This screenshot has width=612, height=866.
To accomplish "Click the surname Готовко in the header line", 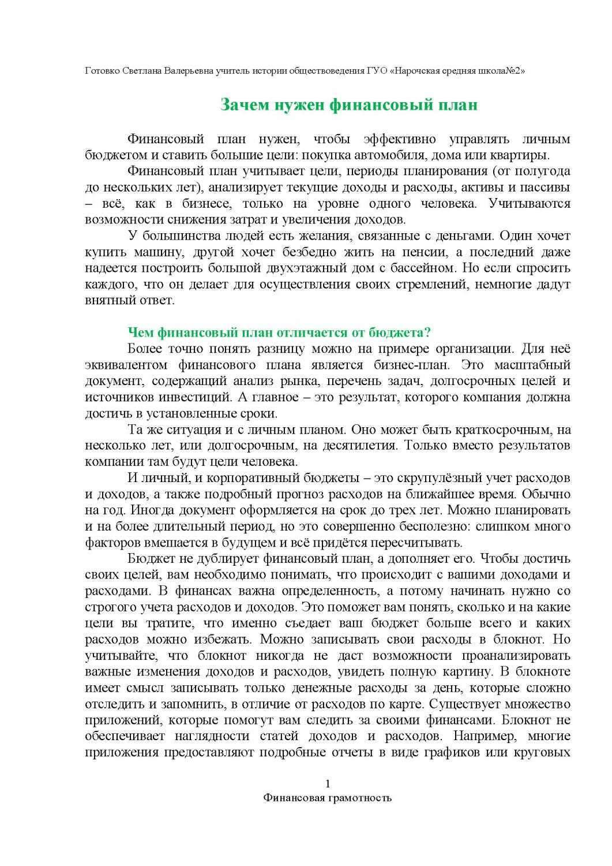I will (x=102, y=71).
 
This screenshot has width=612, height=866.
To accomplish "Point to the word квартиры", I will (x=516, y=155).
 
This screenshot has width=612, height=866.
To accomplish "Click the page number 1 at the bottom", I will (x=328, y=783).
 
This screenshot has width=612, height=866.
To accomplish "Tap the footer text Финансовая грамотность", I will (x=327, y=798).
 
